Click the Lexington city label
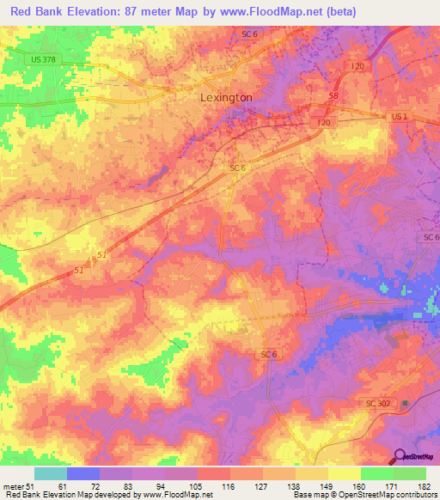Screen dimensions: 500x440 click(226, 98)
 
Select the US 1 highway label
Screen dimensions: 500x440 click(400, 115)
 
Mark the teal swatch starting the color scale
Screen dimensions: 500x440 click(50, 473)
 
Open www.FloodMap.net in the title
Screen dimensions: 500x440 click(261, 11)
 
